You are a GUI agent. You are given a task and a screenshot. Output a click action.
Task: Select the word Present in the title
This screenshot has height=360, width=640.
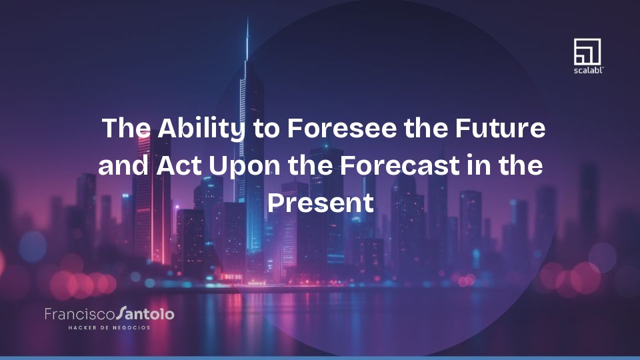tap(320, 202)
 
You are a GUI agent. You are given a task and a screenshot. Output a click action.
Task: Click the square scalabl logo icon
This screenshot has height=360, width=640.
tap(587, 51)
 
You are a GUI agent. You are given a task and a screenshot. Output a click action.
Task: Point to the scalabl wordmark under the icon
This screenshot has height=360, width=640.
tap(587, 69)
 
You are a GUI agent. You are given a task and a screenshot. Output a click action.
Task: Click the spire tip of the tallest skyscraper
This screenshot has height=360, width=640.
tap(247, 20)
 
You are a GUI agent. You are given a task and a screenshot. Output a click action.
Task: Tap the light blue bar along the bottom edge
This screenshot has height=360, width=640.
tap(320, 357)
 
